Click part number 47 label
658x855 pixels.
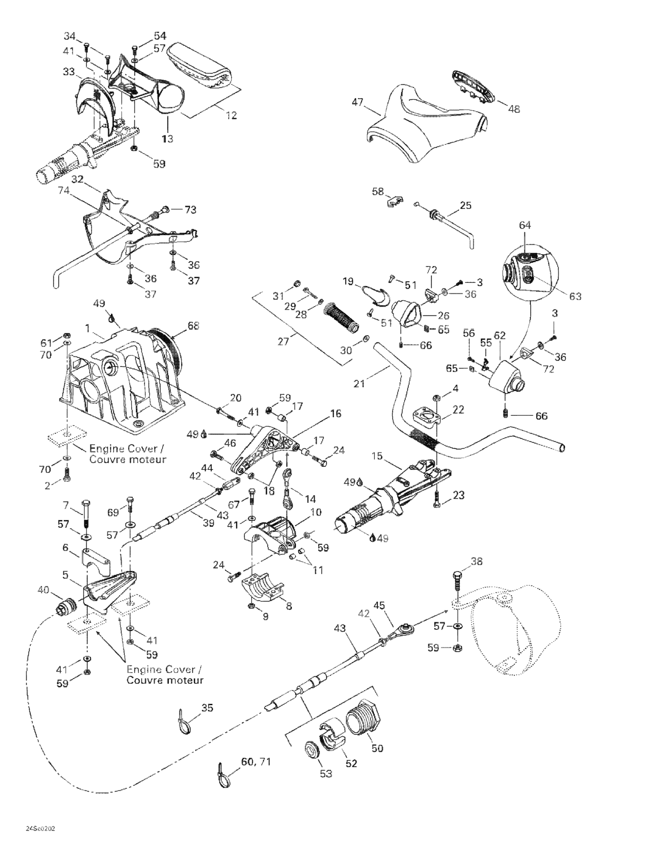(357, 102)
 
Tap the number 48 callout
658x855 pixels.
(514, 109)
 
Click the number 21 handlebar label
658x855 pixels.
(359, 384)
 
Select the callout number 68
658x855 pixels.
(193, 326)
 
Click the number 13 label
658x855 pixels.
(167, 138)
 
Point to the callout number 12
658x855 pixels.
(231, 116)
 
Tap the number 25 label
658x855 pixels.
(465, 206)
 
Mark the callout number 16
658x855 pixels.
(335, 413)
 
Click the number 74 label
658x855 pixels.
(64, 190)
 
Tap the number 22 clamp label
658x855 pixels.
(458, 409)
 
